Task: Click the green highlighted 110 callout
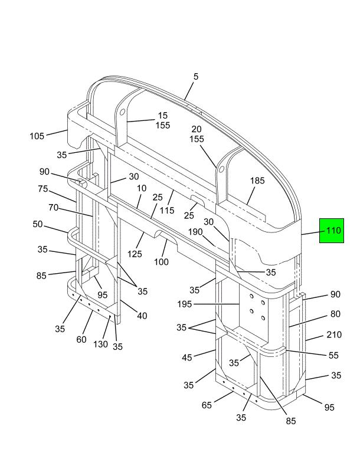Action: click(x=331, y=231)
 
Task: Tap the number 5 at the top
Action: click(x=196, y=77)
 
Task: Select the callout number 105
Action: click(x=37, y=136)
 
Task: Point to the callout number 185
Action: click(x=257, y=181)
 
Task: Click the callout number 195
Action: click(x=188, y=304)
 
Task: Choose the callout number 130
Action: click(x=101, y=345)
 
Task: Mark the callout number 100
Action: click(x=161, y=261)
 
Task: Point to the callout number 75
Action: click(x=43, y=189)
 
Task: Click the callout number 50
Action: click(x=38, y=224)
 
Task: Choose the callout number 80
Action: click(x=334, y=314)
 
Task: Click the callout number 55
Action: click(x=334, y=356)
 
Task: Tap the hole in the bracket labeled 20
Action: click(x=222, y=169)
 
